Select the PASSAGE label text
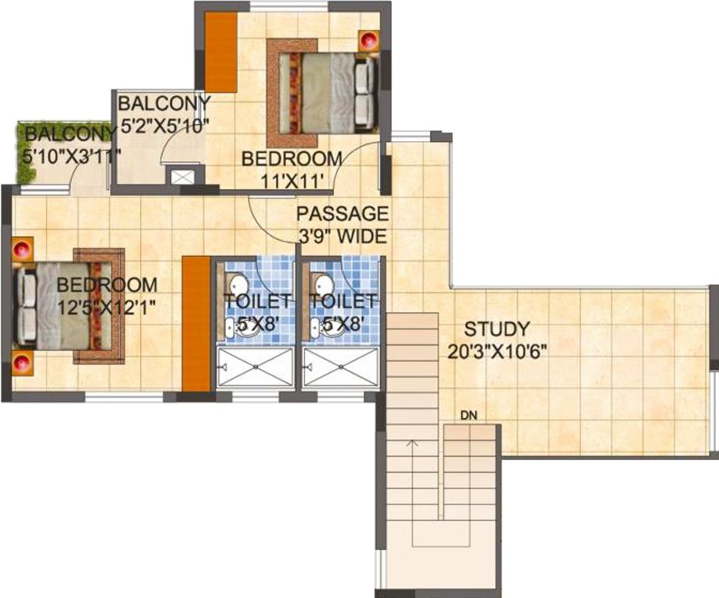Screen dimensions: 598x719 pyautogui.click(x=342, y=213)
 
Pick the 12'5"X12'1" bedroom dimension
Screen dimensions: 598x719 pyautogui.click(x=107, y=306)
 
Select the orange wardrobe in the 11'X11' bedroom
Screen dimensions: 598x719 pyautogui.click(x=220, y=52)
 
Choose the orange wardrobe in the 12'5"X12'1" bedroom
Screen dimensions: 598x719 pyautogui.click(x=197, y=323)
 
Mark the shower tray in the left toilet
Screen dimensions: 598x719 pyautogui.click(x=255, y=367)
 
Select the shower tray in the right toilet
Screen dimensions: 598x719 pyautogui.click(x=340, y=367)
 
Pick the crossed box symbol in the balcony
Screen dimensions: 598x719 pyautogui.click(x=183, y=176)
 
